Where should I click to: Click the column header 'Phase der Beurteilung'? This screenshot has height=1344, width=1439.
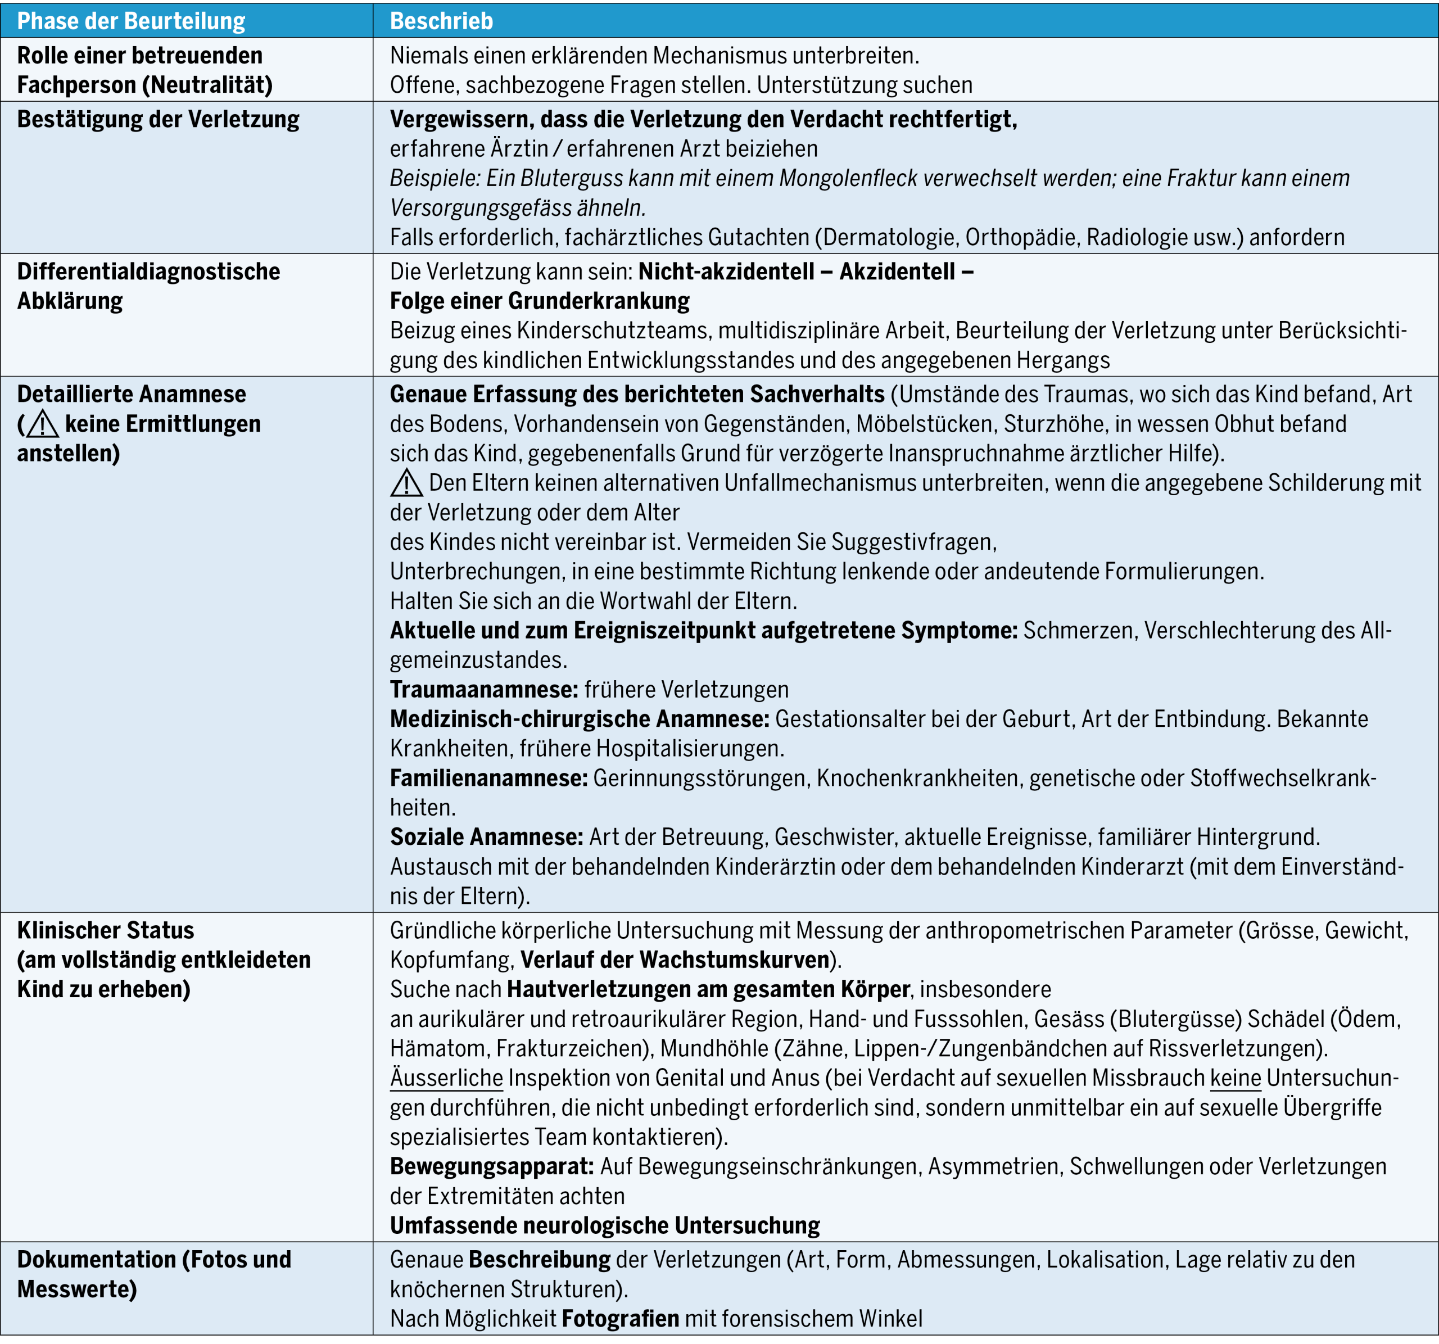coord(131,21)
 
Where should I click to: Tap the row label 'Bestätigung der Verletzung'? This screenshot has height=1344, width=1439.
coord(158,119)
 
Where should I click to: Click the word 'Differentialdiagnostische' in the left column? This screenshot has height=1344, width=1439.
coord(148,271)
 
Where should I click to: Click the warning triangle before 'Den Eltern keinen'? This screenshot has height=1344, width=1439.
coord(407,483)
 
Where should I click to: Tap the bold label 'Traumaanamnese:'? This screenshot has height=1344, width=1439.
coord(483,690)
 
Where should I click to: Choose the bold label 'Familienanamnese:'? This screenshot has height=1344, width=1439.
coord(488,778)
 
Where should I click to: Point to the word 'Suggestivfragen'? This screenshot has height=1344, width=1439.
coord(913,542)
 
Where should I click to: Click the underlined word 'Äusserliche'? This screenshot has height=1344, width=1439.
coord(447,1078)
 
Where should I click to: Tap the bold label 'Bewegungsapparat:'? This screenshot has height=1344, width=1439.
coord(491,1166)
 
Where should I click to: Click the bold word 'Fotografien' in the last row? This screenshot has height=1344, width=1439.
coord(621,1319)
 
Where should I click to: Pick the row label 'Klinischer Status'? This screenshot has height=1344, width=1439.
coord(106,930)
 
